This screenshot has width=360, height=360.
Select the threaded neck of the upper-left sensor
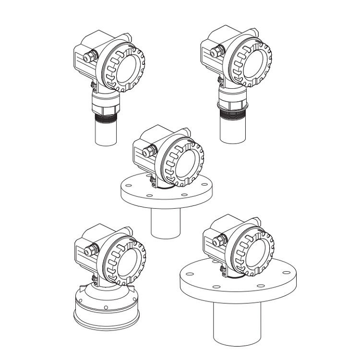coord(107,115)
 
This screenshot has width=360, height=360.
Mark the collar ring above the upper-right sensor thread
coord(233,103)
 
